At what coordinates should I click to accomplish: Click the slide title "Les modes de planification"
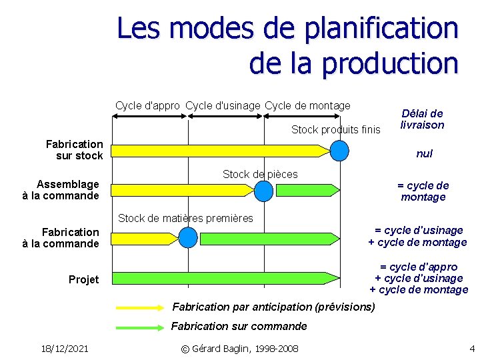[x=287, y=29]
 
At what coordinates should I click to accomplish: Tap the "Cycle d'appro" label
[x=147, y=105]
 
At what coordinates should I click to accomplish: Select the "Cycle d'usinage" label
[x=223, y=105]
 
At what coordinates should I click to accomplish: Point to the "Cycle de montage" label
[x=307, y=105]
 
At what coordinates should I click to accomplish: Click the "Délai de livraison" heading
[x=422, y=119]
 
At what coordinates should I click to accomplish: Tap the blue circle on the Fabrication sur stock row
[x=340, y=151]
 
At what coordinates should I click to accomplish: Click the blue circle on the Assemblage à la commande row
[x=265, y=191]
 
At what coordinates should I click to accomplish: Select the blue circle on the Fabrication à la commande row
[x=189, y=237]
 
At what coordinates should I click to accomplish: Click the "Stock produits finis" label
[x=335, y=129]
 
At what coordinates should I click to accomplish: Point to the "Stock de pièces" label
[x=260, y=174]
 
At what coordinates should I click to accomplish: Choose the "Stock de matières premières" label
[x=185, y=218]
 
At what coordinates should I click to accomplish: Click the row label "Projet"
[x=83, y=279]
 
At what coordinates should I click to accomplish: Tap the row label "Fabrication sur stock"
[x=75, y=150]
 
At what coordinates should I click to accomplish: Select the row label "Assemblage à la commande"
[x=67, y=190]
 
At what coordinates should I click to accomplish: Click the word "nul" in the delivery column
[x=424, y=153]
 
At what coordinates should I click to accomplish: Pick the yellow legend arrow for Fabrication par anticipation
[x=141, y=307]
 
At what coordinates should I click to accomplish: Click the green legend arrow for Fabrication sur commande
[x=141, y=327]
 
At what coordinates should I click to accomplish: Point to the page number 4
[x=471, y=349]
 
